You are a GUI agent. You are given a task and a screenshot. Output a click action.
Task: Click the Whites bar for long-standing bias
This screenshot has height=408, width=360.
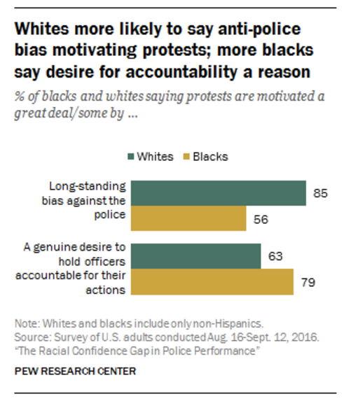pyautogui.click(x=219, y=193)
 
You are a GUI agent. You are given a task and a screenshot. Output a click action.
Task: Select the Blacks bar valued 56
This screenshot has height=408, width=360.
pyautogui.click(x=188, y=219)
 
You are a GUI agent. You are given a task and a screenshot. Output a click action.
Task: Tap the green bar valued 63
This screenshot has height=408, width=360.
pyautogui.click(x=196, y=255)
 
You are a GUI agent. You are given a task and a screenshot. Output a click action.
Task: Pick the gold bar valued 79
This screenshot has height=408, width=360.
pyautogui.click(x=212, y=282)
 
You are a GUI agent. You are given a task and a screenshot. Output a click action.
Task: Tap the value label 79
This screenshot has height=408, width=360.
pyautogui.click(x=308, y=283)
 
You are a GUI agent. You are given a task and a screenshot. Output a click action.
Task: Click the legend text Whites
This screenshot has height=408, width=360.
pyautogui.click(x=155, y=156)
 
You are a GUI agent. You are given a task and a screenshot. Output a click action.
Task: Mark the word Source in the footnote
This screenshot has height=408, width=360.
pyautogui.click(x=32, y=337)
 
